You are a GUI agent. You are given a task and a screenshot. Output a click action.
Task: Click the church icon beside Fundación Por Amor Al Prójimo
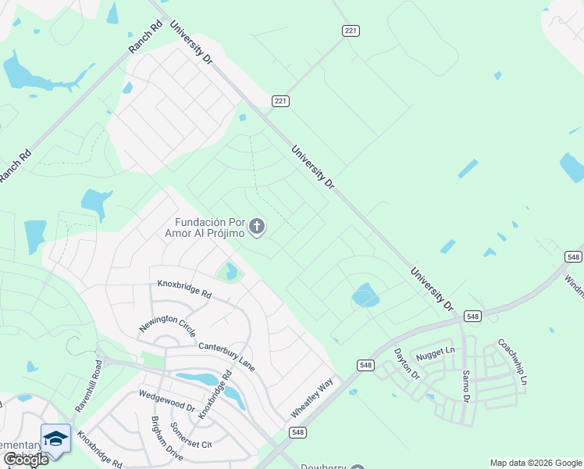[x=258, y=227]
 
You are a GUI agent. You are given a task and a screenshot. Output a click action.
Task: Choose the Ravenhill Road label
[x=88, y=385]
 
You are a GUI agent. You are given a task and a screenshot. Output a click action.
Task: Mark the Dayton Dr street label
[x=406, y=364]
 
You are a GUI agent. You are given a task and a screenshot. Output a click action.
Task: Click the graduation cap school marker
[x=55, y=439]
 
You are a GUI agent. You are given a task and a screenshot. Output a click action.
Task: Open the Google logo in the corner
[x=25, y=460]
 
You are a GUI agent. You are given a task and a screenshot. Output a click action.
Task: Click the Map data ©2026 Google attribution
[x=536, y=463]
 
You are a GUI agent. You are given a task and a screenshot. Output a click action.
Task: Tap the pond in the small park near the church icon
[x=230, y=272]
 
